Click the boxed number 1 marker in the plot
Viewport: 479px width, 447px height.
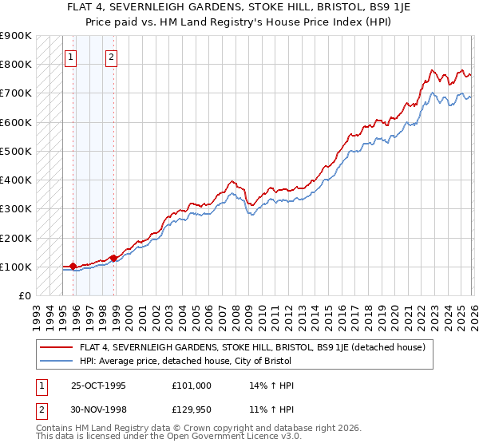click(x=71, y=57)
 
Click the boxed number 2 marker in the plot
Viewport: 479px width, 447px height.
click(x=111, y=57)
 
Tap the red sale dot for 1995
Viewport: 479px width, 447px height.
click(x=73, y=266)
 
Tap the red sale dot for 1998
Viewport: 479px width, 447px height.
click(x=114, y=258)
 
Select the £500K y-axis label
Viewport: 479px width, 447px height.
click(x=16, y=151)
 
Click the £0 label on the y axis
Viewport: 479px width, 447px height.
click(x=23, y=295)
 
